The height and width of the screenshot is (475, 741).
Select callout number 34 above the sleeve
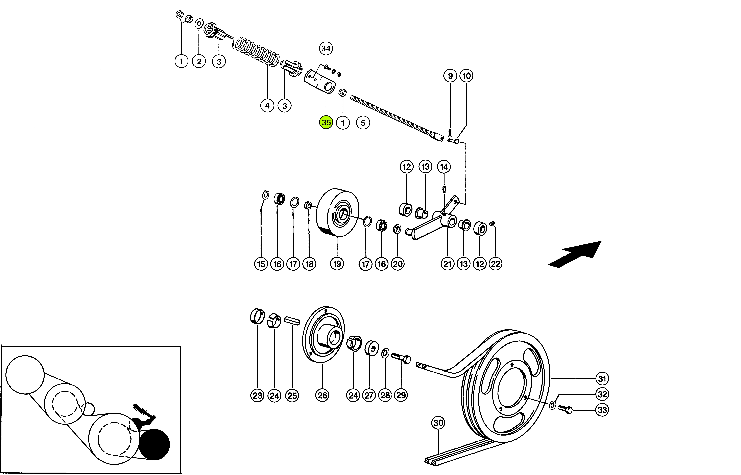coord(326,48)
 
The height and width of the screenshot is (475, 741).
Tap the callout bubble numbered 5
coord(363,123)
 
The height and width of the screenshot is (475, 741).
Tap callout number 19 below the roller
coord(337,264)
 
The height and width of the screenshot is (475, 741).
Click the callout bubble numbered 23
coord(257,395)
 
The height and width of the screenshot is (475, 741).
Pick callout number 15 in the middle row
coord(261,264)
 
